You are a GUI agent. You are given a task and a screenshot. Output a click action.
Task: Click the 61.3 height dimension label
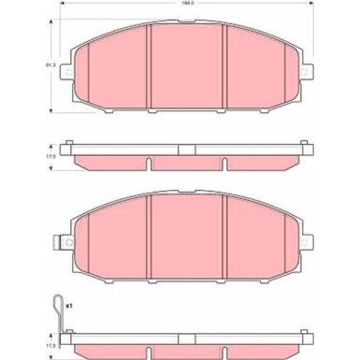(x=50, y=64)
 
